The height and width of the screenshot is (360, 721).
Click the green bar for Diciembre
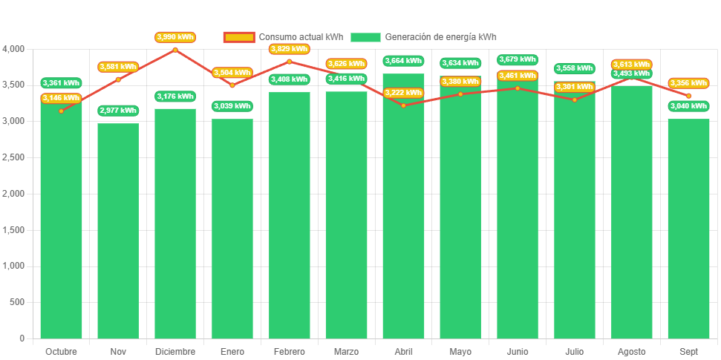click(175, 223)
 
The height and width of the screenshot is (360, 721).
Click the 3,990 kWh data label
click(175, 36)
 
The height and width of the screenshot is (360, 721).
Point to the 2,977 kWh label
click(118, 111)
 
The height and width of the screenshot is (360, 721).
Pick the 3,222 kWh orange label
click(403, 93)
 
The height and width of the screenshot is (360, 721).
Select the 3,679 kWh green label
click(518, 59)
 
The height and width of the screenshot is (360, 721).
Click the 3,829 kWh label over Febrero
click(289, 49)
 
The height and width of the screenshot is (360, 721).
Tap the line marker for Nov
click(118, 79)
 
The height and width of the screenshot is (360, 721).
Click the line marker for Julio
click(575, 99)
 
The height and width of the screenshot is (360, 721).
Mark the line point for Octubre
click(61, 111)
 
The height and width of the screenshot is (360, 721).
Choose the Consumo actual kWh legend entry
click(283, 37)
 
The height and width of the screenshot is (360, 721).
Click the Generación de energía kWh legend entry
click(423, 37)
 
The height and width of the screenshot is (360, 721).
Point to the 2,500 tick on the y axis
click(13, 157)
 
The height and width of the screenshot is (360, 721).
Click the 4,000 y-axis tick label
click(13, 49)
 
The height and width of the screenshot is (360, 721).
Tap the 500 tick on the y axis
click(16, 302)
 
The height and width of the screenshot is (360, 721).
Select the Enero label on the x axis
click(232, 351)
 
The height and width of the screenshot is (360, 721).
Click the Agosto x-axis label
click(632, 351)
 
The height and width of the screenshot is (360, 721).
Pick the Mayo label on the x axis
click(460, 351)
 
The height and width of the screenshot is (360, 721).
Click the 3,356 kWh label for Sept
click(689, 83)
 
